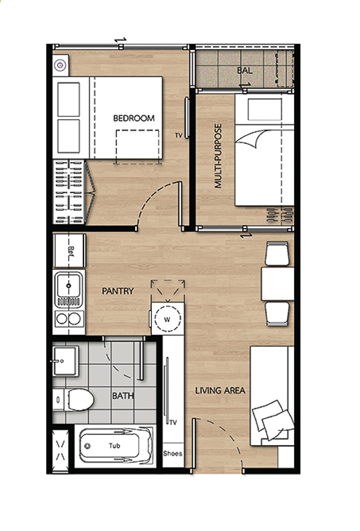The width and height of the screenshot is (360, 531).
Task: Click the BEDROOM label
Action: point(133,118)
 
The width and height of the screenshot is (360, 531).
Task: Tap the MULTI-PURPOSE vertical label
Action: point(218,156)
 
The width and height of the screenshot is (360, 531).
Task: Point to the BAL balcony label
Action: point(245,70)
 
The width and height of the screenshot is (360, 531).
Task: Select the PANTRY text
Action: point(118,291)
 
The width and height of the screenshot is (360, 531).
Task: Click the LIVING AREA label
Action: point(220,391)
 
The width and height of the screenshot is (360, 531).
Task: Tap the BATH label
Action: point(123,395)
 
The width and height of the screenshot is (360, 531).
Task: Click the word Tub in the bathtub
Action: point(115,446)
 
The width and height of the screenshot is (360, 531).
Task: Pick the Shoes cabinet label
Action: point(173,454)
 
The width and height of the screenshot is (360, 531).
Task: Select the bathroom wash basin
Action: point(66,361)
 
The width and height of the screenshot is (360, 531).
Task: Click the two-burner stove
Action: point(69,319)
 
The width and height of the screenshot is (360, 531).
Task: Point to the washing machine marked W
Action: point(167,319)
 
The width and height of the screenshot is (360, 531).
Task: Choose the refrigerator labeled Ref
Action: point(70,251)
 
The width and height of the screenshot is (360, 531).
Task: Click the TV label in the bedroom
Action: point(178,136)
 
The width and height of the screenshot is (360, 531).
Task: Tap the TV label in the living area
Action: point(173,422)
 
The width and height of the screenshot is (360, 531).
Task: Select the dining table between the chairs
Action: point(277,284)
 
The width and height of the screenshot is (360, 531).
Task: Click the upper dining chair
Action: point(277,253)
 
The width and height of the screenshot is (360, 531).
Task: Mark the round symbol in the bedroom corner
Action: point(60,65)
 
